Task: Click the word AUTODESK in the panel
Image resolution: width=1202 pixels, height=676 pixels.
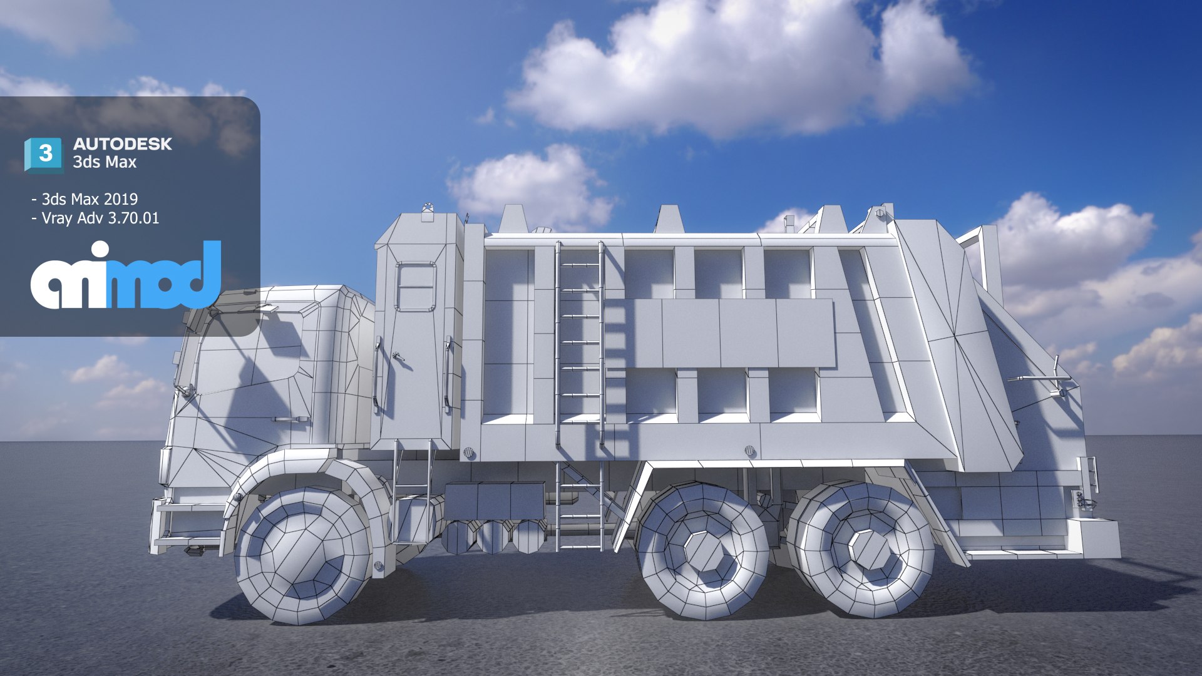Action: point(122,144)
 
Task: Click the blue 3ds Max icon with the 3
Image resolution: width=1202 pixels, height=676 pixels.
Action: point(44,154)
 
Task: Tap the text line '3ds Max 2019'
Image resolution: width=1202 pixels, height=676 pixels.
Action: point(89,199)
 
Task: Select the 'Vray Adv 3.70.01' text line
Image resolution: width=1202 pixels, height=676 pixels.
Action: point(100,218)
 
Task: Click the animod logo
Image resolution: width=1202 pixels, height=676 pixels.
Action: point(126,275)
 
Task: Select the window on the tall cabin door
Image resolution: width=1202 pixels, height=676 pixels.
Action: point(415,287)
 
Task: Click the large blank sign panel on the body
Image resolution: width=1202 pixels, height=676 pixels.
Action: point(720,333)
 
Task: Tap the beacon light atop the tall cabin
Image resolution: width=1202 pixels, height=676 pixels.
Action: point(428,208)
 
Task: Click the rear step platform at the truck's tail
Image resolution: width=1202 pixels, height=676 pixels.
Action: point(1092,538)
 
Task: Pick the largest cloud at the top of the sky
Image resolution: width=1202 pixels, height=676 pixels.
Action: point(739,69)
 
